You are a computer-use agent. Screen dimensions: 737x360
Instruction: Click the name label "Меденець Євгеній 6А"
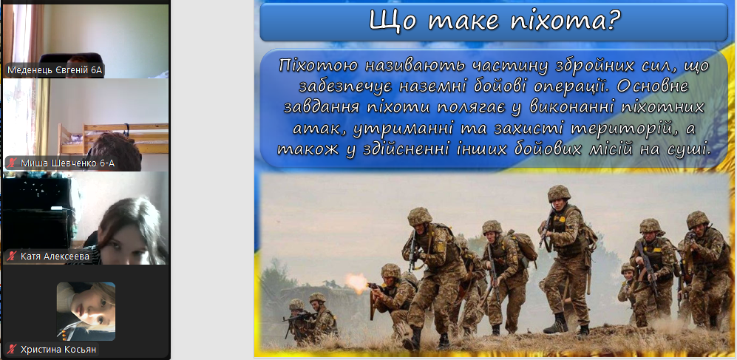click(55, 70)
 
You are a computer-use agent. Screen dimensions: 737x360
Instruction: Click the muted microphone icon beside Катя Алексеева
click(13, 257)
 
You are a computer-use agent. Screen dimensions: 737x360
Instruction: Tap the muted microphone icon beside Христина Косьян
click(13, 349)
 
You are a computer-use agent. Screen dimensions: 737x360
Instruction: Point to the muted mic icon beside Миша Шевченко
click(13, 163)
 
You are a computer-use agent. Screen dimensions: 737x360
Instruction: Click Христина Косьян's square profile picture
click(86, 311)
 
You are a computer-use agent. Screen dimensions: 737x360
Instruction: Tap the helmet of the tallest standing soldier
click(559, 193)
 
